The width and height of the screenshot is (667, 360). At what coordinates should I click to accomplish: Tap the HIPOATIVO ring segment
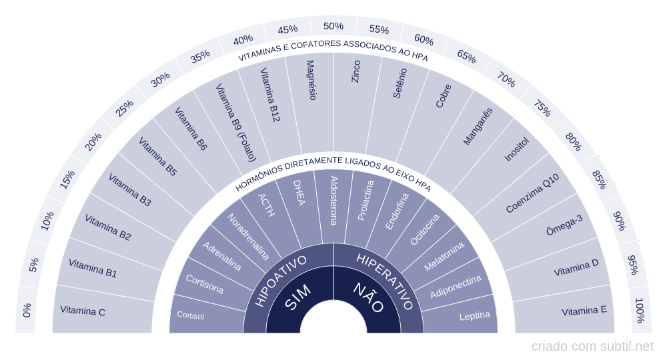pos(281,279)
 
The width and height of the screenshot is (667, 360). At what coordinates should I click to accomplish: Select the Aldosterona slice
pos(333,200)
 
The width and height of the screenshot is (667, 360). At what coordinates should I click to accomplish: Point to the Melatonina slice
pos(444,257)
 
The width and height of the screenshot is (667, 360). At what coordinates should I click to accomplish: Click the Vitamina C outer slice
pos(83,310)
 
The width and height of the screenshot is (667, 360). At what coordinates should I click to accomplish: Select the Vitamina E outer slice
pos(584,311)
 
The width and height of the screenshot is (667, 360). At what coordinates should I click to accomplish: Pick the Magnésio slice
pos(310,80)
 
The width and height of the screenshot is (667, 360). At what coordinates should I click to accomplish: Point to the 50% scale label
pos(333,26)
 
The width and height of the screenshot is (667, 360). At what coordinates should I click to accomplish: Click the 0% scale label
pos(27,310)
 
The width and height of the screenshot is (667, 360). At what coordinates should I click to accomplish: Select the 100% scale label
pos(640,310)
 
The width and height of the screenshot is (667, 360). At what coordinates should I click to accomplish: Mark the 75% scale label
pos(541,108)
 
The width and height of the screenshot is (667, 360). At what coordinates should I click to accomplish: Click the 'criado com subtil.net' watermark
pos(592,347)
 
